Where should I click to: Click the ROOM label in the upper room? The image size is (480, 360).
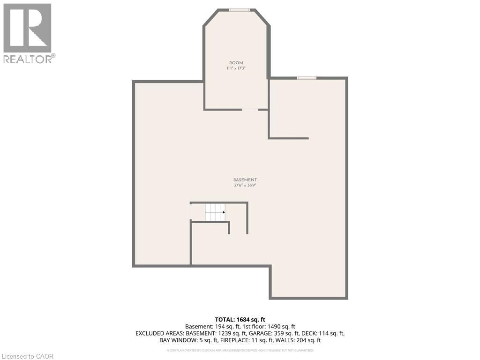236,63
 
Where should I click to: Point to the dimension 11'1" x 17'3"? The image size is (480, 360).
236,68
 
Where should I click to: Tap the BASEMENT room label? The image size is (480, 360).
245,180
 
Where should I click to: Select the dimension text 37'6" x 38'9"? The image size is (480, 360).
245,185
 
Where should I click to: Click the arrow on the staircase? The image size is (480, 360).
223,212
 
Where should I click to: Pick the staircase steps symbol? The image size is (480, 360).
215,212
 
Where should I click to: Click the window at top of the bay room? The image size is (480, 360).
239,10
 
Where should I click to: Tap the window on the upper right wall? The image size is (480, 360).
307,78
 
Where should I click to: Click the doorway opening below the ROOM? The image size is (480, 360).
250,110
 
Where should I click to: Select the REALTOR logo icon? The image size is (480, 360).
27,28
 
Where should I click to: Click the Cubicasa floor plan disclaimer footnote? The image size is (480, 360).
240,350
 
